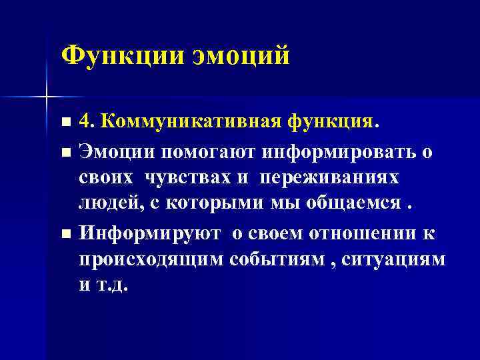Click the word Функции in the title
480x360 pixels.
pyautogui.click(x=121, y=55)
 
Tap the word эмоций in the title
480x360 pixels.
pyautogui.click(x=241, y=55)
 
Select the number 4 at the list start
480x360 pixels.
pyautogui.click(x=85, y=121)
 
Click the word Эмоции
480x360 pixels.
pyautogui.click(x=116, y=151)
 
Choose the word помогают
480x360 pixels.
pyautogui.click(x=208, y=151)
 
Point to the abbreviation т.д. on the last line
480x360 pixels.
pyautogui.click(x=112, y=287)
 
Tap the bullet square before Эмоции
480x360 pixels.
pyautogui.click(x=65, y=152)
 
